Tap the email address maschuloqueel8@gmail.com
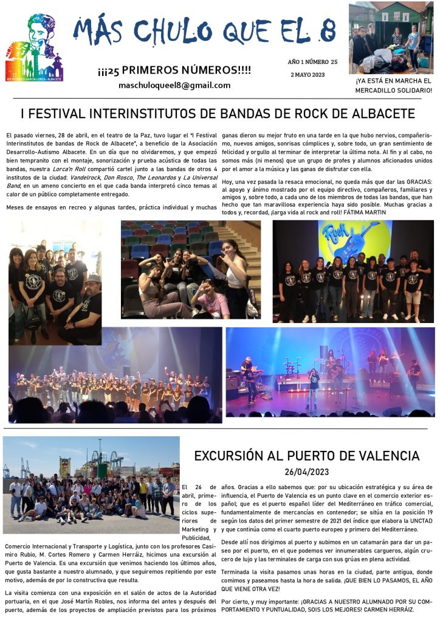(x=174, y=85)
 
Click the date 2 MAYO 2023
(x=308, y=75)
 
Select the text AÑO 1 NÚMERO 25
(x=312, y=62)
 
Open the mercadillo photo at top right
(x=391, y=38)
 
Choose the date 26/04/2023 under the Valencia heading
(x=306, y=472)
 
